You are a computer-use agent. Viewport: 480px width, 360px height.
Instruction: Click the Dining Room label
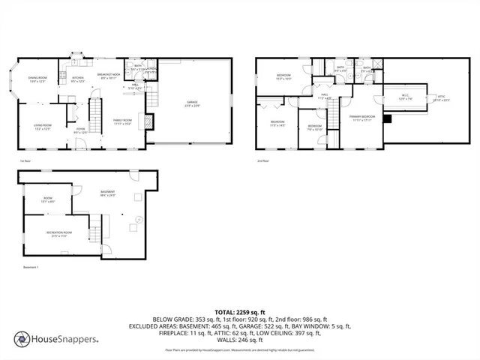pos(37,79)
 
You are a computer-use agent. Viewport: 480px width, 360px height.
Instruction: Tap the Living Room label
pos(42,127)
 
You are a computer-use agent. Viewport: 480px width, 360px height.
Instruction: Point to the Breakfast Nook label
pos(110,76)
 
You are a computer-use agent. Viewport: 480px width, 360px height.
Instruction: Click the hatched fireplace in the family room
pos(149,121)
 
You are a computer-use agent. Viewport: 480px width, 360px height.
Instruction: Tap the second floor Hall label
pos(325,96)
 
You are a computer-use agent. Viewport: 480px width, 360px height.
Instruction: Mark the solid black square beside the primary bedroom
pos(387,118)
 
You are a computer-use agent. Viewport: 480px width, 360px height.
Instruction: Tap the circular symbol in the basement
pos(138,220)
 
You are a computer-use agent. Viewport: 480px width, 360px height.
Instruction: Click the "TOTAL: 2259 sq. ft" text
pos(240,311)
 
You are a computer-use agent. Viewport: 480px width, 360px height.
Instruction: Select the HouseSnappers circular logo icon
pos(23,339)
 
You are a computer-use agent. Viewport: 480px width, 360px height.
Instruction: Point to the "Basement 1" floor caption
pos(31,266)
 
